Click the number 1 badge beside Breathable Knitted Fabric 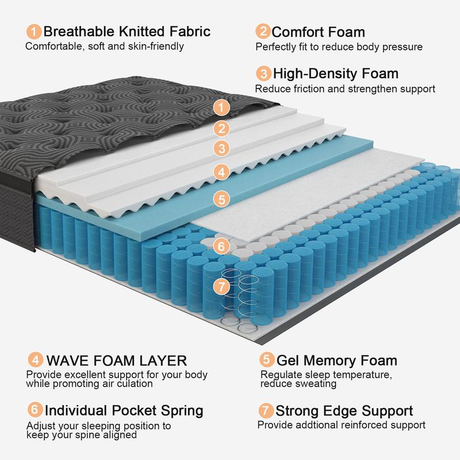35,31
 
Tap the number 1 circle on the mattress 221,107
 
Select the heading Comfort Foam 318,32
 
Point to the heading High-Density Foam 335,74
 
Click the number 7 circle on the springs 221,286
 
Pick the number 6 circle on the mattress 221,246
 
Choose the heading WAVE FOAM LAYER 116,361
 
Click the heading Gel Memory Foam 337,361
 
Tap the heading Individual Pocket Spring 124,411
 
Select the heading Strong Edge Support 344,411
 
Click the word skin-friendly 156,46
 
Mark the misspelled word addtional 315,425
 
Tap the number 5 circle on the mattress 221,199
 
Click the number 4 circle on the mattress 221,171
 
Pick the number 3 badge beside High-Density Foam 264,74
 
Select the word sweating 317,384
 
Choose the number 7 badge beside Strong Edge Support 266,411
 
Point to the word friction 304,89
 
